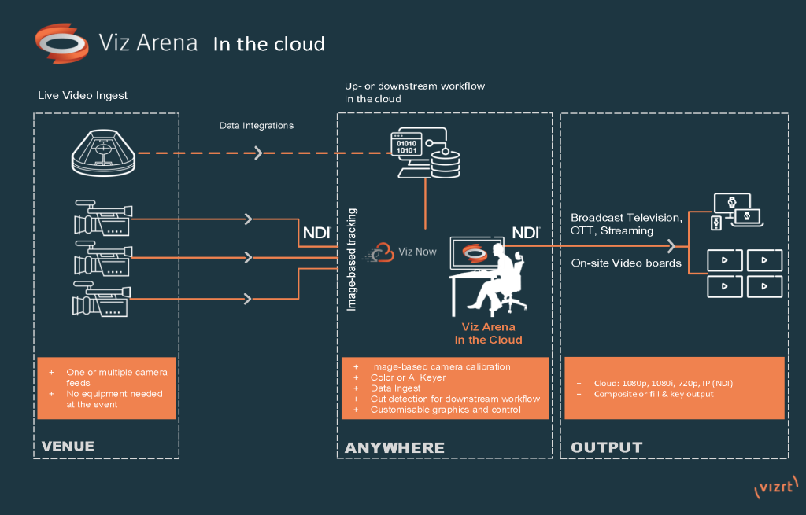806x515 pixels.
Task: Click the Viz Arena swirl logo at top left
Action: point(61,42)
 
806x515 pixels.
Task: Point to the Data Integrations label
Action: point(256,125)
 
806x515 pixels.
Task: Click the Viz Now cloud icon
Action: point(383,252)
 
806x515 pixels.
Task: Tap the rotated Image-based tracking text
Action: point(353,259)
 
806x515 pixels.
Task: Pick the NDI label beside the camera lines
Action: point(316,233)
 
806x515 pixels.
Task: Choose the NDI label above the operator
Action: point(527,233)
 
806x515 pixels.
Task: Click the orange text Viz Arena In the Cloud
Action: point(488,333)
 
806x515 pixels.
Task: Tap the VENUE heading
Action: point(68,447)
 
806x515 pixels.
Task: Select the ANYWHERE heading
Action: point(394,447)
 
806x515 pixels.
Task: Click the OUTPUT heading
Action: point(606,447)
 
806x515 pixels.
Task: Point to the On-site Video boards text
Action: point(626,263)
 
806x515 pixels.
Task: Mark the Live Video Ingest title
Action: point(83,96)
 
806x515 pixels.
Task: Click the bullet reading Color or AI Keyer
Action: point(407,377)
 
